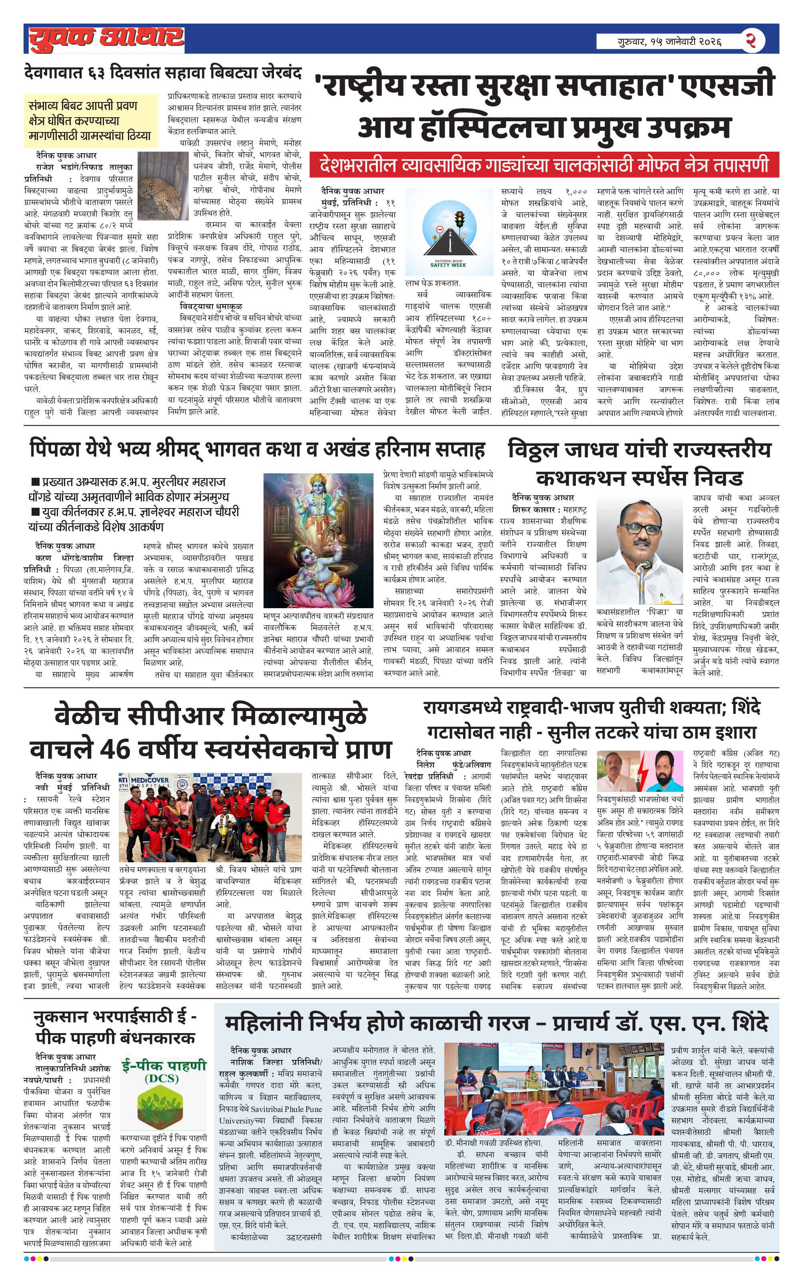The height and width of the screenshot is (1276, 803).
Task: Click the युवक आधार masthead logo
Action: click(106, 38)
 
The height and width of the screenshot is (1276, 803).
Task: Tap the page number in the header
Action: click(751, 40)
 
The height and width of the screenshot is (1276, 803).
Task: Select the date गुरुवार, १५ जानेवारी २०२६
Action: click(669, 41)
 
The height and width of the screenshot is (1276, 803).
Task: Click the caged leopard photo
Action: click(163, 186)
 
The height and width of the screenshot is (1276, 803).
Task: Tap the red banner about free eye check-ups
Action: click(544, 165)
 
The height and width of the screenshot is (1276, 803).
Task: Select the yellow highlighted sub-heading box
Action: click(90, 120)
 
